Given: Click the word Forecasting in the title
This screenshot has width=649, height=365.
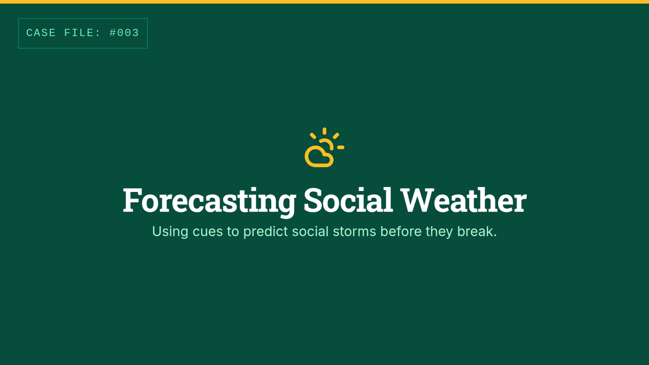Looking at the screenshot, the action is tap(209, 201).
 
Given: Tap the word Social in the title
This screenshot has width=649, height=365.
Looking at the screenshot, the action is tap(348, 200).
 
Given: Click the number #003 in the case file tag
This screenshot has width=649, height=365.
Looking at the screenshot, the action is tap(124, 33).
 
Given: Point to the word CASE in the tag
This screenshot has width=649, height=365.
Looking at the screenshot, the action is tap(41, 33).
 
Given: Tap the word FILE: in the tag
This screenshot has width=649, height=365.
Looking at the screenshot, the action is tap(83, 33).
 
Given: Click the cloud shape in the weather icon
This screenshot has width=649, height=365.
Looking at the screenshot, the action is tap(319, 156).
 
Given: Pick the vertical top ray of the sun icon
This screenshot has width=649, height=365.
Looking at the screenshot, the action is tap(325, 131).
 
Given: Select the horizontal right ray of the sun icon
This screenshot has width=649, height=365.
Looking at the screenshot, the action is tap(341, 148).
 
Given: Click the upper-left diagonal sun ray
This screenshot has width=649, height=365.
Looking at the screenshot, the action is tap(313, 136).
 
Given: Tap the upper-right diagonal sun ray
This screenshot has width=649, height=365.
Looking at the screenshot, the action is tap(336, 136).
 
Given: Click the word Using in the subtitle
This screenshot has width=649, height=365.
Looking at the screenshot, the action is tap(170, 232).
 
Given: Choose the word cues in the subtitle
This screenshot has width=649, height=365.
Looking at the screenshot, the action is tap(208, 232).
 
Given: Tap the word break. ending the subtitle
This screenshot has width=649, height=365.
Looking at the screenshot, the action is tap(477, 231).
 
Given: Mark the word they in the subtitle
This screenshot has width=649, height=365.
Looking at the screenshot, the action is tap(439, 232).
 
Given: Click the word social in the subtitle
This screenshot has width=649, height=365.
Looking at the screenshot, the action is tap(310, 231).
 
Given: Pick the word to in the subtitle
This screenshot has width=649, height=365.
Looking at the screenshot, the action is tap(233, 232).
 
